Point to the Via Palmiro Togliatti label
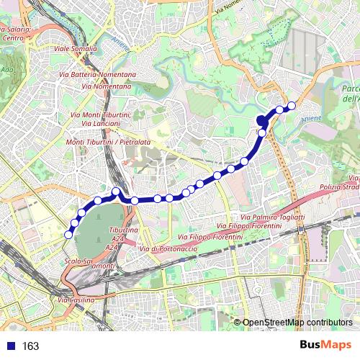click(273, 217)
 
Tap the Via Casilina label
click(75, 299)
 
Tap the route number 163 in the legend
click(30, 346)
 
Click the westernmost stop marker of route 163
click(69, 235)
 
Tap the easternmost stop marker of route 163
click(292, 107)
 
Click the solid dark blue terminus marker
click(262, 121)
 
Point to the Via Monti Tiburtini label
click(100, 115)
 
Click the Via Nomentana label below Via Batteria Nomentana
click(108, 86)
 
